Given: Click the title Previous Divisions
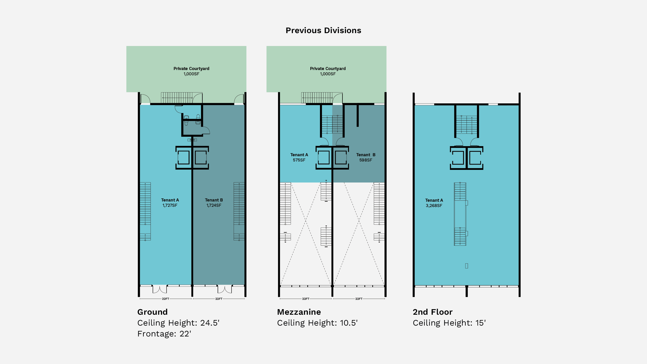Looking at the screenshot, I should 323,30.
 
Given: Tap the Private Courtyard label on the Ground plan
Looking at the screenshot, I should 191,71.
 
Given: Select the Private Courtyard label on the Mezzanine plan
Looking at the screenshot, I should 328,71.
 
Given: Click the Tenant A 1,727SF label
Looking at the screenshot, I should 170,202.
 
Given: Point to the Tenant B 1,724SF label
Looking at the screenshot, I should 214,202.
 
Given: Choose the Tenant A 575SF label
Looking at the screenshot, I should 299,157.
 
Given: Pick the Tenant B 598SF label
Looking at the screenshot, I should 366,157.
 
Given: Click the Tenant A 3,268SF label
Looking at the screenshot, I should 434,203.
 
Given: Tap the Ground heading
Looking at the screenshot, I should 152,312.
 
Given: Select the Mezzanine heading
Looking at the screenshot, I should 299,312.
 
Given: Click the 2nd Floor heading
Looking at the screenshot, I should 432,312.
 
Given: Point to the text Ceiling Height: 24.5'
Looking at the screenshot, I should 178,323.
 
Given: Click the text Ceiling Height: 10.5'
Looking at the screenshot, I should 317,323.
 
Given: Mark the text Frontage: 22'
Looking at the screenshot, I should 164,334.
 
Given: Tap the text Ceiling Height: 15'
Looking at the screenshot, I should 449,323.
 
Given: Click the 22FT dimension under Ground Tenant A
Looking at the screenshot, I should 166,299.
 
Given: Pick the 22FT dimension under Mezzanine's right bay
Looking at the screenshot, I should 359,299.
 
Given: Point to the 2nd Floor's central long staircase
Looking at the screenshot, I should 460,214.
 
